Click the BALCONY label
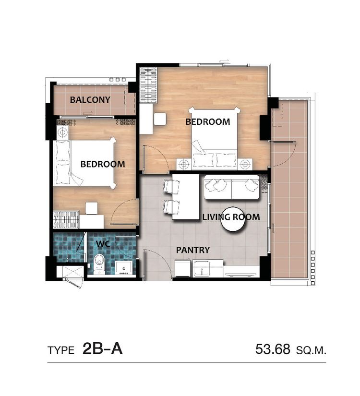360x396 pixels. point(90,100)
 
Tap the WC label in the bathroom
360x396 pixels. point(103,244)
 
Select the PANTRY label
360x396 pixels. point(193,250)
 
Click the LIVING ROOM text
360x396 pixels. point(231,217)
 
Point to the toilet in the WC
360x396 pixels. point(99,264)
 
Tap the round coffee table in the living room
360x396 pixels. point(233,219)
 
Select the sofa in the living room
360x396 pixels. point(232,187)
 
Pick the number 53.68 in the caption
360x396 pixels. point(273,349)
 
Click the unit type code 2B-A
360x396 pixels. point(102,349)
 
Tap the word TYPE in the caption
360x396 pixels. point(61,350)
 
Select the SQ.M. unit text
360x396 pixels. point(311,350)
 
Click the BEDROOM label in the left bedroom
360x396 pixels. point(103,165)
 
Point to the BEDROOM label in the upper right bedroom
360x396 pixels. point(208,122)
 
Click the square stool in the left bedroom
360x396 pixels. point(92,208)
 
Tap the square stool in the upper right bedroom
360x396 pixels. point(160,119)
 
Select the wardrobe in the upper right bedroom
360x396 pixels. point(148,85)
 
